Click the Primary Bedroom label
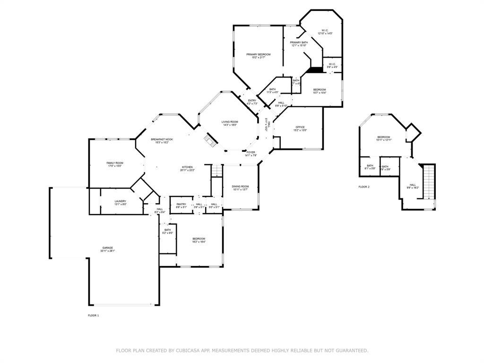259,54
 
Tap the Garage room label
108,248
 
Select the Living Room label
230,122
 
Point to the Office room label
300,127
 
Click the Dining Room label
240,186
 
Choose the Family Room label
114,163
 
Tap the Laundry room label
120,201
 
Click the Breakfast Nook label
162,139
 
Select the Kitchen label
187,167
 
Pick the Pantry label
181,204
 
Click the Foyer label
251,152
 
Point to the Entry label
252,100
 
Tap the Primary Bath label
299,43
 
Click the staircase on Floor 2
429,181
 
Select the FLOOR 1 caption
94,315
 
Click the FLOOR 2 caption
364,187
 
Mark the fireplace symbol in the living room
209,139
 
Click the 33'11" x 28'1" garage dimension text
108,251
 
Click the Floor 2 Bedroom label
383,137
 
